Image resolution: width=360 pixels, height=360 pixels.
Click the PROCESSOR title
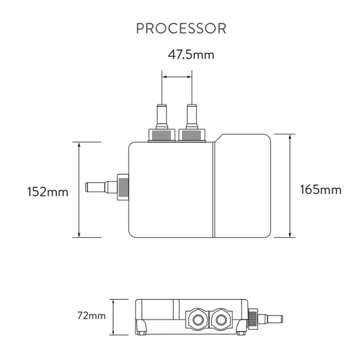[180, 28]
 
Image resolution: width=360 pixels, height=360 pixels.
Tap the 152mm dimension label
[47, 192]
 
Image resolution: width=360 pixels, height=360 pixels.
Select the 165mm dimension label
[321, 189]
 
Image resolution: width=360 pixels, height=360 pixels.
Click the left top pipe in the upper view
[162, 116]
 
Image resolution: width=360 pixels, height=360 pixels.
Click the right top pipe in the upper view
[192, 116]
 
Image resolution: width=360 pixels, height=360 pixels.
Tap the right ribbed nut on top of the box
[192, 135]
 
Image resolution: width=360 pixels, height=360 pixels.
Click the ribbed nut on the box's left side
[122, 186]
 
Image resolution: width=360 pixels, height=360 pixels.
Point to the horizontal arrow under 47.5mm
[177, 77]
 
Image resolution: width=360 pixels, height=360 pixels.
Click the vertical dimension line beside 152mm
[79, 189]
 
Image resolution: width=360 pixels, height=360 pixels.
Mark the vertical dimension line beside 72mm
[115, 317]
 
